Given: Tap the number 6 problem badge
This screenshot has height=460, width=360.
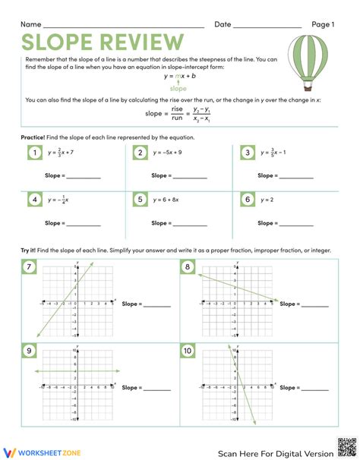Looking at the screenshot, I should point(246,200).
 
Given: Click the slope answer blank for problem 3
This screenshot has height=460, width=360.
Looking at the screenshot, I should point(296,177).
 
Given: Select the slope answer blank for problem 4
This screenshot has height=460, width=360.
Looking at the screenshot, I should point(84,225).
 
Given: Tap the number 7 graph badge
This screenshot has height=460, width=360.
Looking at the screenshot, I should point(29,268).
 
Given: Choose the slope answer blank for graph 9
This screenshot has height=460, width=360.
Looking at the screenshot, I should point(156,389).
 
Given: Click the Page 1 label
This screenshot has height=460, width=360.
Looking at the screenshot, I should point(322,24).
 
